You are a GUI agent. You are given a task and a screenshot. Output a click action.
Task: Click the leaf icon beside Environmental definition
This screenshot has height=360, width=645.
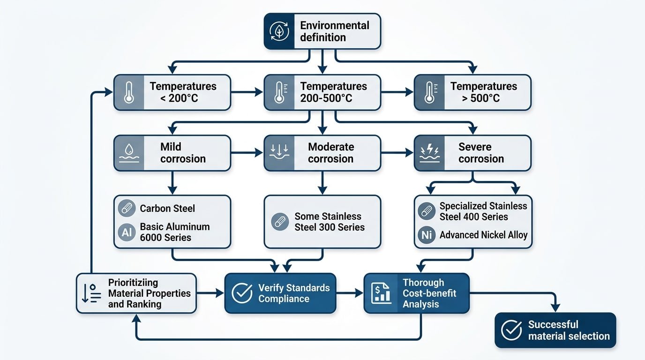click(280, 31)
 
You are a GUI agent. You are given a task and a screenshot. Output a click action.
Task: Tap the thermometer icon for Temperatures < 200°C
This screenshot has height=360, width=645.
click(129, 92)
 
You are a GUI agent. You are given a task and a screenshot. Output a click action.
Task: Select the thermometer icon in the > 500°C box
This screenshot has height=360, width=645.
click(429, 92)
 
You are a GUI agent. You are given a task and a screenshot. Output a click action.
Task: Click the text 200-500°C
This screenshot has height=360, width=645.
click(326, 98)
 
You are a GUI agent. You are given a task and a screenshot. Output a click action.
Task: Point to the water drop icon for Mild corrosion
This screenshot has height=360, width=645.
click(129, 153)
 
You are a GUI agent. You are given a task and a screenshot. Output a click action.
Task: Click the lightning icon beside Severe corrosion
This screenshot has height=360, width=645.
click(429, 153)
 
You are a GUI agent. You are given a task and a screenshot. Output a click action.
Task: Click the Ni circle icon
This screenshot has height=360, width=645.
click(427, 235)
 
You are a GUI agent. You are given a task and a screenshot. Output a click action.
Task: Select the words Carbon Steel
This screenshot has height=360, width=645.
click(167, 209)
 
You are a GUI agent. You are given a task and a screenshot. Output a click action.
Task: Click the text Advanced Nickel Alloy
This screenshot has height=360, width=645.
click(483, 235)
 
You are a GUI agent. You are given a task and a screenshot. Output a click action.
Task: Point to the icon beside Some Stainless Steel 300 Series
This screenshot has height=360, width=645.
click(279, 222)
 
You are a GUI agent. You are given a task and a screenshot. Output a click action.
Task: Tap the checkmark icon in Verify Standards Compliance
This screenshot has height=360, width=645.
click(242, 293)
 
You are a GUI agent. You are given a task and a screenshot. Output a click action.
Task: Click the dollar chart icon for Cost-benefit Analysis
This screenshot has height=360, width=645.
click(381, 293)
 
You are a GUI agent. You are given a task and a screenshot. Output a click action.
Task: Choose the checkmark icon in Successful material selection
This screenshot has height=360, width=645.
click(511, 330)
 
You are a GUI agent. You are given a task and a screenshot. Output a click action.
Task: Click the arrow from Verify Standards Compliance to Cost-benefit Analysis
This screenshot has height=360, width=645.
click(350, 293)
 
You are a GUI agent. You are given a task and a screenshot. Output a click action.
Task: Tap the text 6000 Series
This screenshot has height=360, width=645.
click(165, 237)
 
